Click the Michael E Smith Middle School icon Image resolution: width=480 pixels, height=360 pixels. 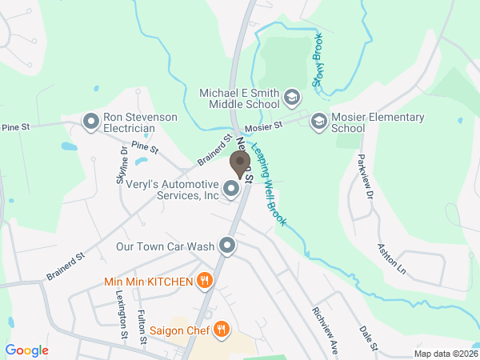point(291,98)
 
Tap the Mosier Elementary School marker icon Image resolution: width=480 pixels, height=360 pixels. point(318,120)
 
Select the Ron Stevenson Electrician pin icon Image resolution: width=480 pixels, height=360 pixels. point(91,122)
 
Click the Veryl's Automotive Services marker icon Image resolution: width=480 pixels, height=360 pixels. point(231,189)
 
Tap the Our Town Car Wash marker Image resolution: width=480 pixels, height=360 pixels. point(228,246)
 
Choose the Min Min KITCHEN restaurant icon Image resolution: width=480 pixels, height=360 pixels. point(205,280)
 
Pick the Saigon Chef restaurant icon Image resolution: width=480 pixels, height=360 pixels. point(222,328)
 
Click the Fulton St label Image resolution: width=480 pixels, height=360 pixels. point(142,327)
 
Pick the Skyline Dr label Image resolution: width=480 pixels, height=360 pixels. point(122,166)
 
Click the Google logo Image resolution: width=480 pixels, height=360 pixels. point(26,350)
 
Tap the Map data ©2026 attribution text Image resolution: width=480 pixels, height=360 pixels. point(445,354)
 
